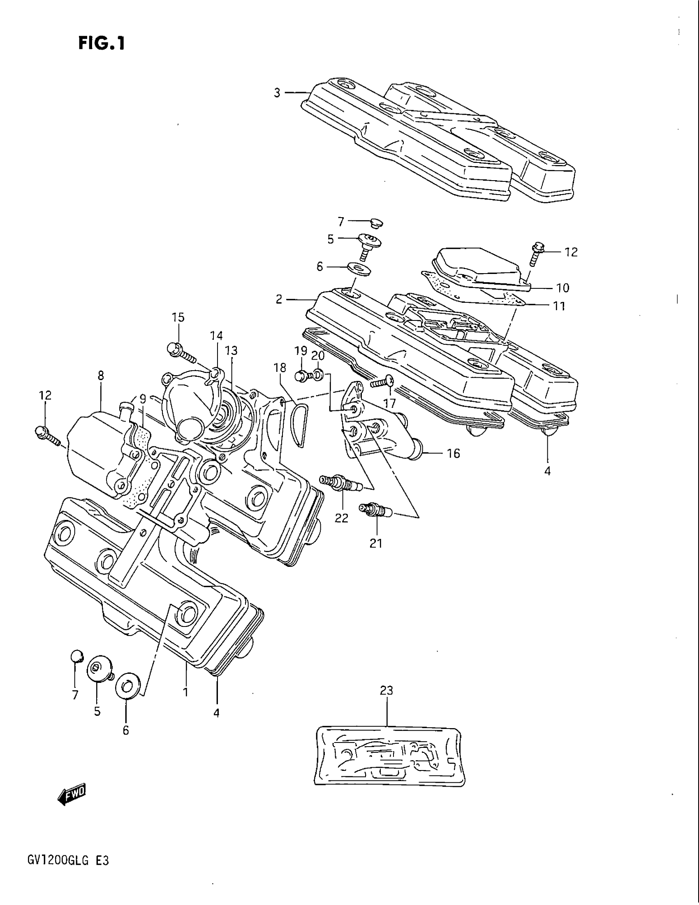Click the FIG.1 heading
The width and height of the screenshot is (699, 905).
tap(101, 43)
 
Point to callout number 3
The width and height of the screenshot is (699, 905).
tap(277, 93)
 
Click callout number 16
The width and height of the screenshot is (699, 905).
tap(454, 453)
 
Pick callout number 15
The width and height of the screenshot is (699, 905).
tap(178, 318)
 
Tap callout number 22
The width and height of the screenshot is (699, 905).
tap(342, 517)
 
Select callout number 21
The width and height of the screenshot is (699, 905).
tap(376, 543)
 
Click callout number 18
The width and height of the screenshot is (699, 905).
tap(280, 367)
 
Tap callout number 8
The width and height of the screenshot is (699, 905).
tap(101, 376)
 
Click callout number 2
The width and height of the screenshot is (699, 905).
tap(279, 299)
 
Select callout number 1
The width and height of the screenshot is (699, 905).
tap(186, 692)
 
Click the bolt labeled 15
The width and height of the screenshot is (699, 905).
tap(181, 351)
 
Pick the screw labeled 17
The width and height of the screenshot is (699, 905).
tap(382, 382)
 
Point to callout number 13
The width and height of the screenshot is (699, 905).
tap(231, 351)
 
